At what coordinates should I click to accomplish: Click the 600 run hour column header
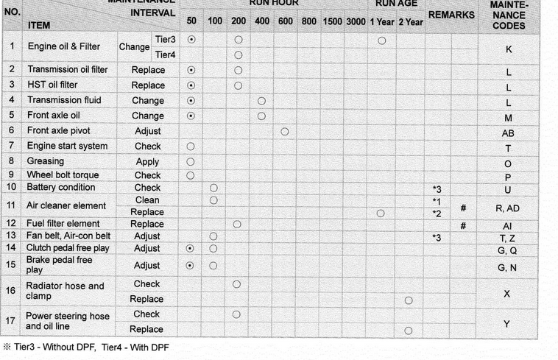[286, 21]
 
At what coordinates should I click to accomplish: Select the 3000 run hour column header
[356, 21]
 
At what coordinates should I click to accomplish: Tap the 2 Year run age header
[410, 21]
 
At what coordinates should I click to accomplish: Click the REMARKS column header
[451, 15]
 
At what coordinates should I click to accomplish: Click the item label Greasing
[46, 161]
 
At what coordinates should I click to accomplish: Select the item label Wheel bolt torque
[63, 175]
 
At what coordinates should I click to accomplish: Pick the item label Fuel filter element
[63, 224]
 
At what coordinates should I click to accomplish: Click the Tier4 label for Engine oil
[166, 54]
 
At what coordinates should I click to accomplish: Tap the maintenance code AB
[508, 133]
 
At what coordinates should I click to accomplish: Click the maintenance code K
[509, 50]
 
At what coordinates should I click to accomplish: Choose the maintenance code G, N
[508, 268]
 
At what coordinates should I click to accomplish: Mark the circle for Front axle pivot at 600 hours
[285, 132]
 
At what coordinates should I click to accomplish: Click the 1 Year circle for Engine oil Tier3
[382, 40]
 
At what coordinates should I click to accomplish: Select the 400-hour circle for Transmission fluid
[261, 101]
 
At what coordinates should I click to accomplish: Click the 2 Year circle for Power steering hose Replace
[409, 331]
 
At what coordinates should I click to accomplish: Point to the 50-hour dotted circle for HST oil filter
[191, 85]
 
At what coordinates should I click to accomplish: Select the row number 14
[12, 249]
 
